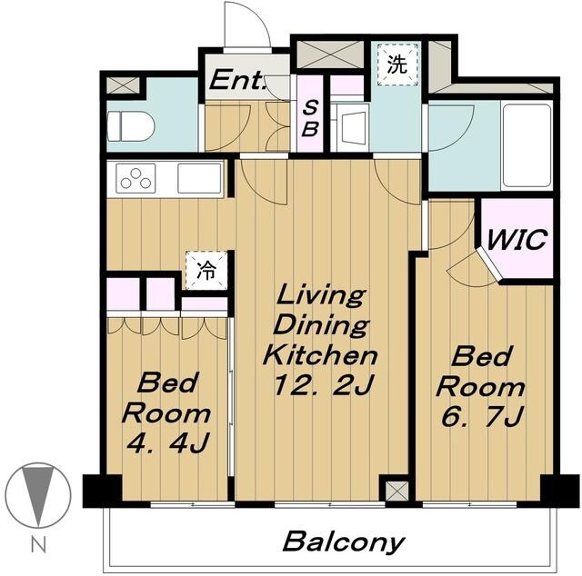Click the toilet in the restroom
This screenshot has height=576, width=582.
[131, 127]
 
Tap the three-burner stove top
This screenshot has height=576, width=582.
[135, 178]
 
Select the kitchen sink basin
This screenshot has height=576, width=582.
[200, 178]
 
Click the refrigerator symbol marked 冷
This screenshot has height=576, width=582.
[206, 271]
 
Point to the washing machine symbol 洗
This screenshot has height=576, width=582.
[397, 65]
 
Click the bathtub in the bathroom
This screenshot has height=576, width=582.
[527, 146]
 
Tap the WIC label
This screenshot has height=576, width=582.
[517, 240]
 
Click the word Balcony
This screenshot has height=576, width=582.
[343, 542]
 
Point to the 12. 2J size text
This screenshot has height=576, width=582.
[322, 385]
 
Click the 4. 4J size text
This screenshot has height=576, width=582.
[168, 442]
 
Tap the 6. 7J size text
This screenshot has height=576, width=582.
[482, 417]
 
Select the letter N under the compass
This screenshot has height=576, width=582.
[38, 546]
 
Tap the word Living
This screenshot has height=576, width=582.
[321, 296]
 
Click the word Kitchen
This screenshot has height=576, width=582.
[320, 354]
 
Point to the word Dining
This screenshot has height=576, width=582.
[321, 325]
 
